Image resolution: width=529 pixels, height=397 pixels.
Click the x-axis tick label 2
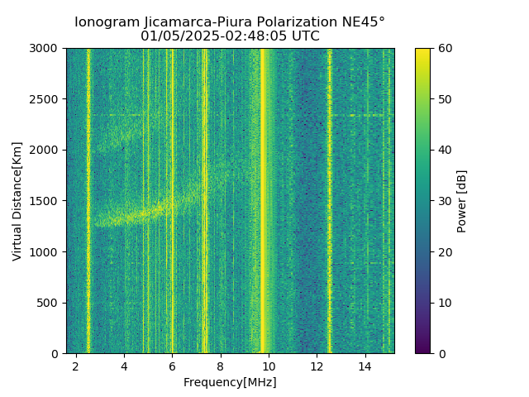(76, 366)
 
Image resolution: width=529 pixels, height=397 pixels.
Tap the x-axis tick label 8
(221, 366)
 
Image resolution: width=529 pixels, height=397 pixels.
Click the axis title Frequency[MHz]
(230, 382)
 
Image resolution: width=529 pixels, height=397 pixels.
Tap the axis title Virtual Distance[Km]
(17, 201)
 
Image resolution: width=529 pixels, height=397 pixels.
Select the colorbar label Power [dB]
(462, 201)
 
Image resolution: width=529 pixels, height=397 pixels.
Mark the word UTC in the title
(303, 36)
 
